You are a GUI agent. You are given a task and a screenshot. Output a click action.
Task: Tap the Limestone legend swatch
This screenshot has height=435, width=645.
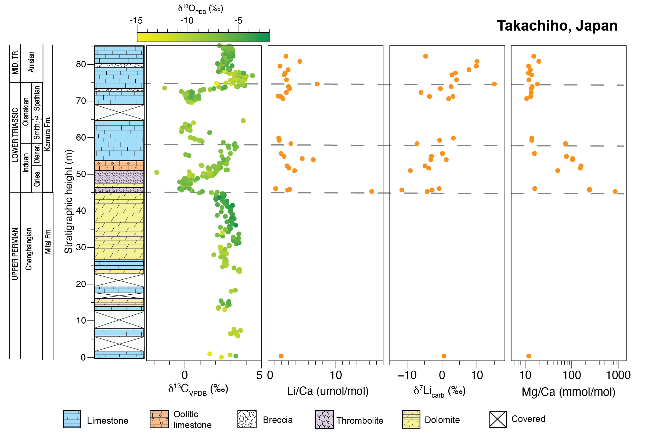coord(72,419)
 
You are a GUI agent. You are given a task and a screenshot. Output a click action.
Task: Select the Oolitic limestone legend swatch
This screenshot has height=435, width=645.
coord(159,419)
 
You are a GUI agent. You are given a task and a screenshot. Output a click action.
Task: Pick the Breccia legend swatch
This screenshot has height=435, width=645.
coord(247,419)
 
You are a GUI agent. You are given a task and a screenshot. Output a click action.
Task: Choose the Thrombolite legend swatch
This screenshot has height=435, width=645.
coord(324,419)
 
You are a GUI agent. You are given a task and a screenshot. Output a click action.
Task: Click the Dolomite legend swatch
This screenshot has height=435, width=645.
coord(411,419)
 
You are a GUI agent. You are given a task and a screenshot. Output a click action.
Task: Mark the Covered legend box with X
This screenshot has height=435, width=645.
coord(498,419)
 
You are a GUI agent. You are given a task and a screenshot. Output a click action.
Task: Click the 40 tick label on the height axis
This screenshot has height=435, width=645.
coord(81,211)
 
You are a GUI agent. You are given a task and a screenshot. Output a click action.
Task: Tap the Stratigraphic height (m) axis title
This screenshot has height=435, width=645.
coord(69,202)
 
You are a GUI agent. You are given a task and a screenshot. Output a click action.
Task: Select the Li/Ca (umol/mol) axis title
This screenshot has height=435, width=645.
coord(327,391)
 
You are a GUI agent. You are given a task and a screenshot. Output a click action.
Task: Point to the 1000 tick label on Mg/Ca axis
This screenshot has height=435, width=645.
coord(618,375)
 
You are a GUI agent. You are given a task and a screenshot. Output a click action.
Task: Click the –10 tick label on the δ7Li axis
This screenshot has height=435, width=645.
coord(407,375)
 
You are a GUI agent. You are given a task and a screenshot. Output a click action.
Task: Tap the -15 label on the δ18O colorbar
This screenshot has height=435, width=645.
coord(136,20)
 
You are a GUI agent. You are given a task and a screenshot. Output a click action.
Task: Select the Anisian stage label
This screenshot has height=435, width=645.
coord(31,62)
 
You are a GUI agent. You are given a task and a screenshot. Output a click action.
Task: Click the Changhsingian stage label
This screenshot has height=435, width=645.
coord(28,249)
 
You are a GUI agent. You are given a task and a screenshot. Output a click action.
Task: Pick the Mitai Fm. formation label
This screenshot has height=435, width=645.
coord(48,241)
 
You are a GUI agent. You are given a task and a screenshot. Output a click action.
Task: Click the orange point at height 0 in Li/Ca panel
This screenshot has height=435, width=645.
coord(281,356)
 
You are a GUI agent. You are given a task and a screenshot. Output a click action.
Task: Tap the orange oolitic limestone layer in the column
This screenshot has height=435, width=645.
coord(119,166)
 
